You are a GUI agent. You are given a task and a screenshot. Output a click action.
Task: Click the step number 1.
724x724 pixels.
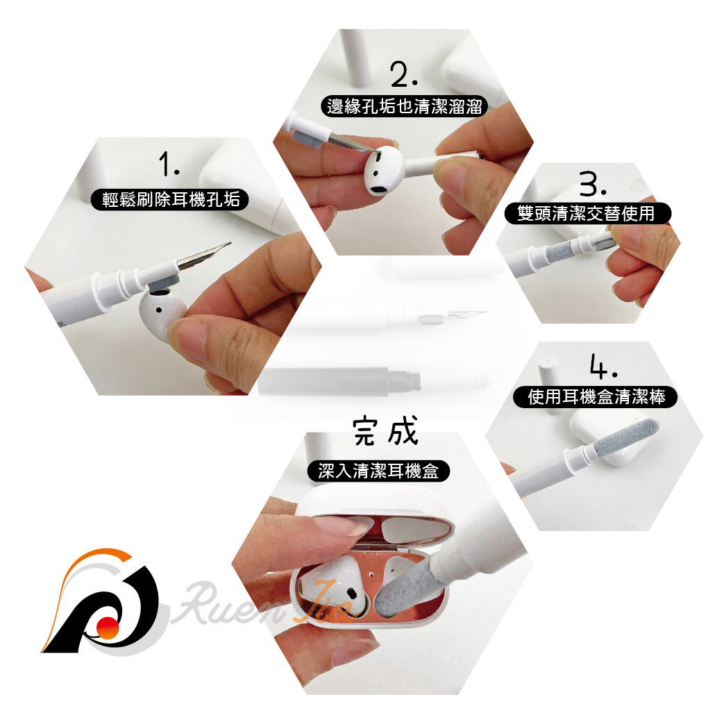tap(169, 165)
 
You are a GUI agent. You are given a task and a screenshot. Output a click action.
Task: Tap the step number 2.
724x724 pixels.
tap(404, 74)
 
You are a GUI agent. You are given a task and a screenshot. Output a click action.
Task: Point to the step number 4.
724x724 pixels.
tap(603, 366)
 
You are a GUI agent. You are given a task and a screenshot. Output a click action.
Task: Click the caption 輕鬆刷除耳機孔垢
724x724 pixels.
tap(170, 199)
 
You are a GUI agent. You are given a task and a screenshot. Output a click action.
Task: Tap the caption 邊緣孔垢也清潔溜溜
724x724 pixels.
tap(404, 106)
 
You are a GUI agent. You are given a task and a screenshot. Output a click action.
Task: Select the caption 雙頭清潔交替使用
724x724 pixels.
tap(587, 213)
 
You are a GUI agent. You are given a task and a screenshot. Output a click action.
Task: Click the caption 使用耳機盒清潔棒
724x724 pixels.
tap(595, 396)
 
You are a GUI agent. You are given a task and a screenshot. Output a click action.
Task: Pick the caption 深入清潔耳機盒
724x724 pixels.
tap(378, 471)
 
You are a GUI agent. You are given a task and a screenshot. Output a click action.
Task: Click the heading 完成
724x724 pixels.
tap(386, 430)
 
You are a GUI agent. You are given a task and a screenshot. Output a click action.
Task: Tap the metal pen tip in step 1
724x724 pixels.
tap(203, 255)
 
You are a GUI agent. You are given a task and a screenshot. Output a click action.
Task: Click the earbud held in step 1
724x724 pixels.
tap(162, 314)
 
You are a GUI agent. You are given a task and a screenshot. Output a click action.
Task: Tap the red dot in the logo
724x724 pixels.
tap(108, 627)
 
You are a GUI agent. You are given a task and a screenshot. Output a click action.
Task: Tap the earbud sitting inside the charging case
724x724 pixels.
tap(332, 582)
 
